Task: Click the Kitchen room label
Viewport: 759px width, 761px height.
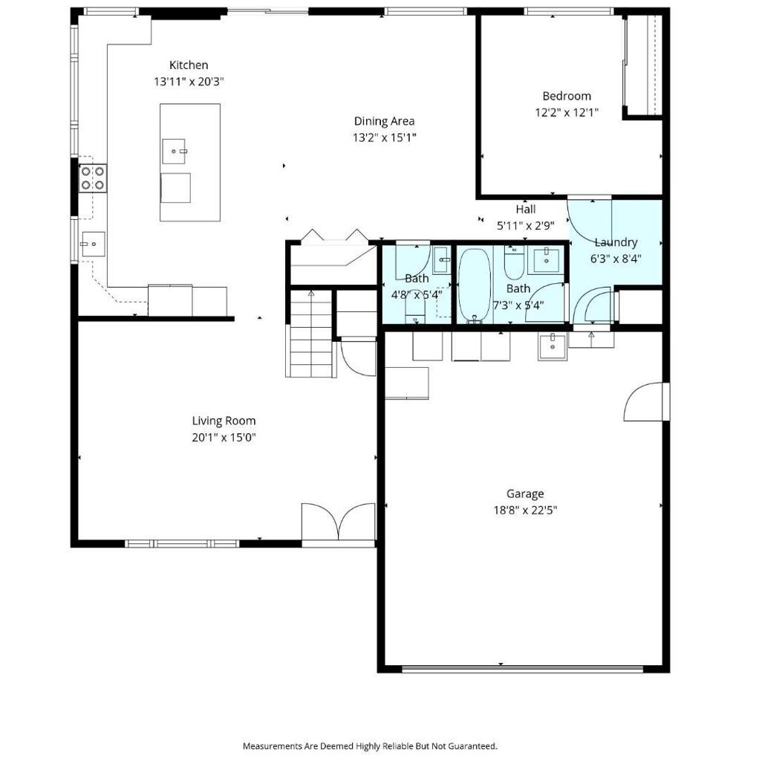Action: [189, 65]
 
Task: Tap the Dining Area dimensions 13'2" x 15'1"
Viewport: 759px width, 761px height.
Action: [384, 137]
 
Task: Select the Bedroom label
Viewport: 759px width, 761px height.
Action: [567, 96]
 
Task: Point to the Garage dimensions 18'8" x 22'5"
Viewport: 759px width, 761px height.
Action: [525, 510]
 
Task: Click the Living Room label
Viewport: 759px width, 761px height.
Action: [224, 421]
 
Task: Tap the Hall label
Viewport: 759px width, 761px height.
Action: [526, 209]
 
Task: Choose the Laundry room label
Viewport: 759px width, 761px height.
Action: [616, 242]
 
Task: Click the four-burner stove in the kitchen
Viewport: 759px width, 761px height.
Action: [93, 178]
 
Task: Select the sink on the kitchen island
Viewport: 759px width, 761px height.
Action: [174, 152]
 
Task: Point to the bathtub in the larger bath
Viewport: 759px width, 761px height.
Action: [475, 285]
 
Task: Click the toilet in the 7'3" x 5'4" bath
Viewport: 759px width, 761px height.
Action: [514, 262]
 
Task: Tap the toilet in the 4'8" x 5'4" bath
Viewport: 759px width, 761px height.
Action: [415, 310]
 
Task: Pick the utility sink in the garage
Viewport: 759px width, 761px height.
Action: [552, 347]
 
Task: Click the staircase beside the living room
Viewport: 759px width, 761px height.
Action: [311, 333]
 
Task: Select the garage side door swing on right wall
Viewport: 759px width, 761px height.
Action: [643, 401]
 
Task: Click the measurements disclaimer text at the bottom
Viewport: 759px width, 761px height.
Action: [370, 746]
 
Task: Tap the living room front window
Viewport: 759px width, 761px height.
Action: [183, 543]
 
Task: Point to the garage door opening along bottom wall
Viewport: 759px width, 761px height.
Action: [523, 670]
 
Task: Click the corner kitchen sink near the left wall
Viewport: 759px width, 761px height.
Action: [93, 244]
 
